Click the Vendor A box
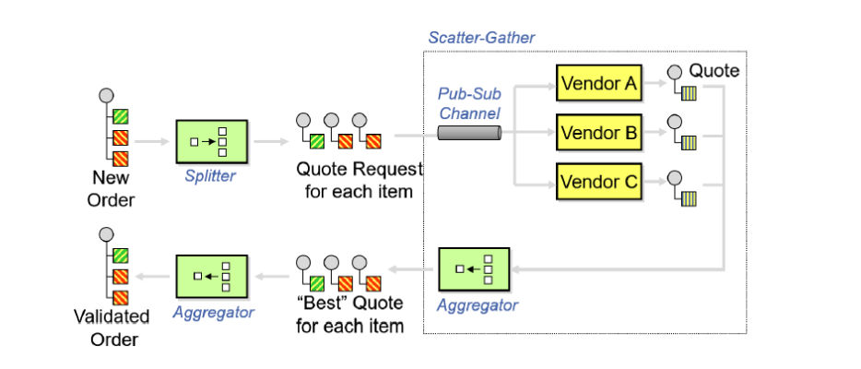click(597, 85)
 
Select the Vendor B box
click(597, 133)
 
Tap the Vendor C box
click(597, 181)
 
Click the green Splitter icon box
click(212, 142)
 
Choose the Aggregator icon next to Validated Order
click(212, 276)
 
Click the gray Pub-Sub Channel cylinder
click(469, 133)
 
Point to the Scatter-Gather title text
click(481, 38)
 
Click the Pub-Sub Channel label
click(469, 104)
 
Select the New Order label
click(112, 189)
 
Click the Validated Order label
click(112, 327)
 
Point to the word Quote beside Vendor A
click(714, 70)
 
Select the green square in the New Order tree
click(120, 117)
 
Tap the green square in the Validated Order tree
click(120, 256)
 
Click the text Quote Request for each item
click(359, 181)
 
